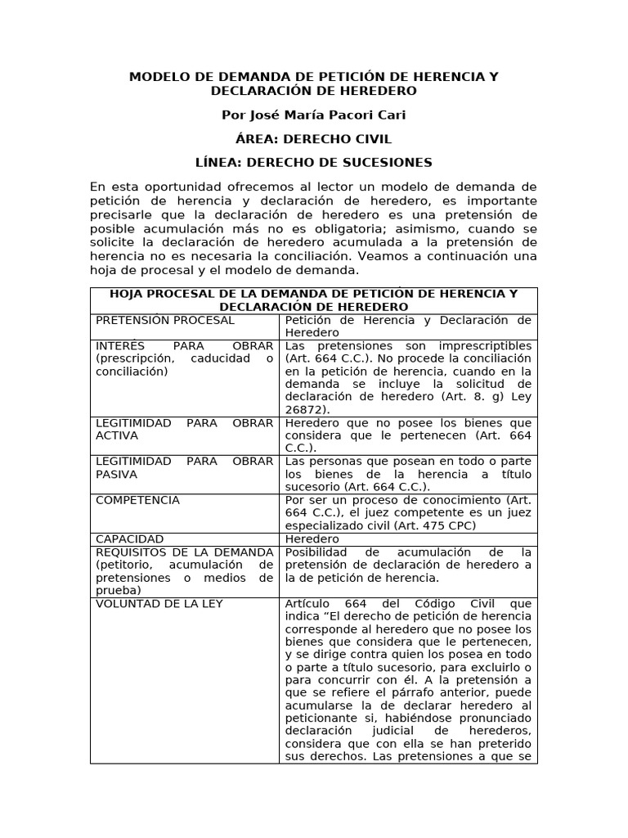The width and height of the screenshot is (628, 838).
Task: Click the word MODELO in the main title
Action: click(x=158, y=77)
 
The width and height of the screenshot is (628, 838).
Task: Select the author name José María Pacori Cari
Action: click(x=313, y=115)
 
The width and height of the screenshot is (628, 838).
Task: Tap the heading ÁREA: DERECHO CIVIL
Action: click(x=313, y=139)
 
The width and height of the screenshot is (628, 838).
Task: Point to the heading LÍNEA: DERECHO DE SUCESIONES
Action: click(x=313, y=163)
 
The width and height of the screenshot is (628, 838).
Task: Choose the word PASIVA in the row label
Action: click(x=116, y=474)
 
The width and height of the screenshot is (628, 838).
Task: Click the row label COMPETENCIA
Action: click(x=137, y=500)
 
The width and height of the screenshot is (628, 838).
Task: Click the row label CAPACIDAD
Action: click(x=129, y=539)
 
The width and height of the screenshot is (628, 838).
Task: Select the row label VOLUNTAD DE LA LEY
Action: click(x=159, y=604)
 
